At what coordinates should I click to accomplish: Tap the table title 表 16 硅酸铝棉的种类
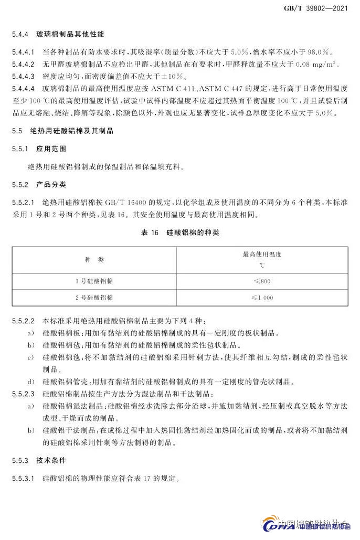coord(180,233)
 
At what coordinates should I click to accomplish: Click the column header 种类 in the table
coord(94,260)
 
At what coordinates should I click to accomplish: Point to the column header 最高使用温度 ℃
coord(262,260)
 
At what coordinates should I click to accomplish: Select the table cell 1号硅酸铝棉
coord(94,281)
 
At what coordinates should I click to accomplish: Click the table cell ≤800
coord(262,281)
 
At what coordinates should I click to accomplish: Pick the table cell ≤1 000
coord(262,298)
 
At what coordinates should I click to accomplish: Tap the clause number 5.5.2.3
coord(23,393)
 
